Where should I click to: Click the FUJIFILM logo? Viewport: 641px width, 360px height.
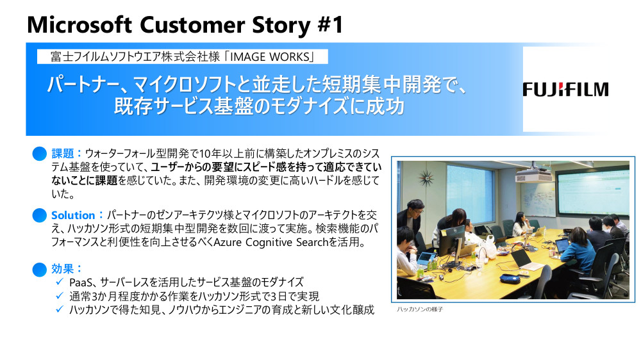[x=565, y=90]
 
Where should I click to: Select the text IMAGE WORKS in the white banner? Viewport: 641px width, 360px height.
[x=270, y=56]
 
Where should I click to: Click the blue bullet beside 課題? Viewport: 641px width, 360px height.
[x=40, y=154]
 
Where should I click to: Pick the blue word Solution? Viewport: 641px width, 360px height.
[x=73, y=215]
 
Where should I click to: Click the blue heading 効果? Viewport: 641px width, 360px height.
[x=62, y=268]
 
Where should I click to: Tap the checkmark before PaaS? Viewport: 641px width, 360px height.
[x=60, y=282]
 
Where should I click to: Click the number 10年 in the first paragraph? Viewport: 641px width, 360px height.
[x=210, y=154]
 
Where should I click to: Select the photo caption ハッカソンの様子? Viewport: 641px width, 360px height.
[x=420, y=309]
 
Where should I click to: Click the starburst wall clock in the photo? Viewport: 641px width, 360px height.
[x=426, y=178]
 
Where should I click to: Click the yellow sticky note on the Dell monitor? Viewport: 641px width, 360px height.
[x=444, y=233]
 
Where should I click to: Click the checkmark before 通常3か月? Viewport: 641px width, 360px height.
[x=60, y=295]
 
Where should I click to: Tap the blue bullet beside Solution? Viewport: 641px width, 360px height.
[x=40, y=215]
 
